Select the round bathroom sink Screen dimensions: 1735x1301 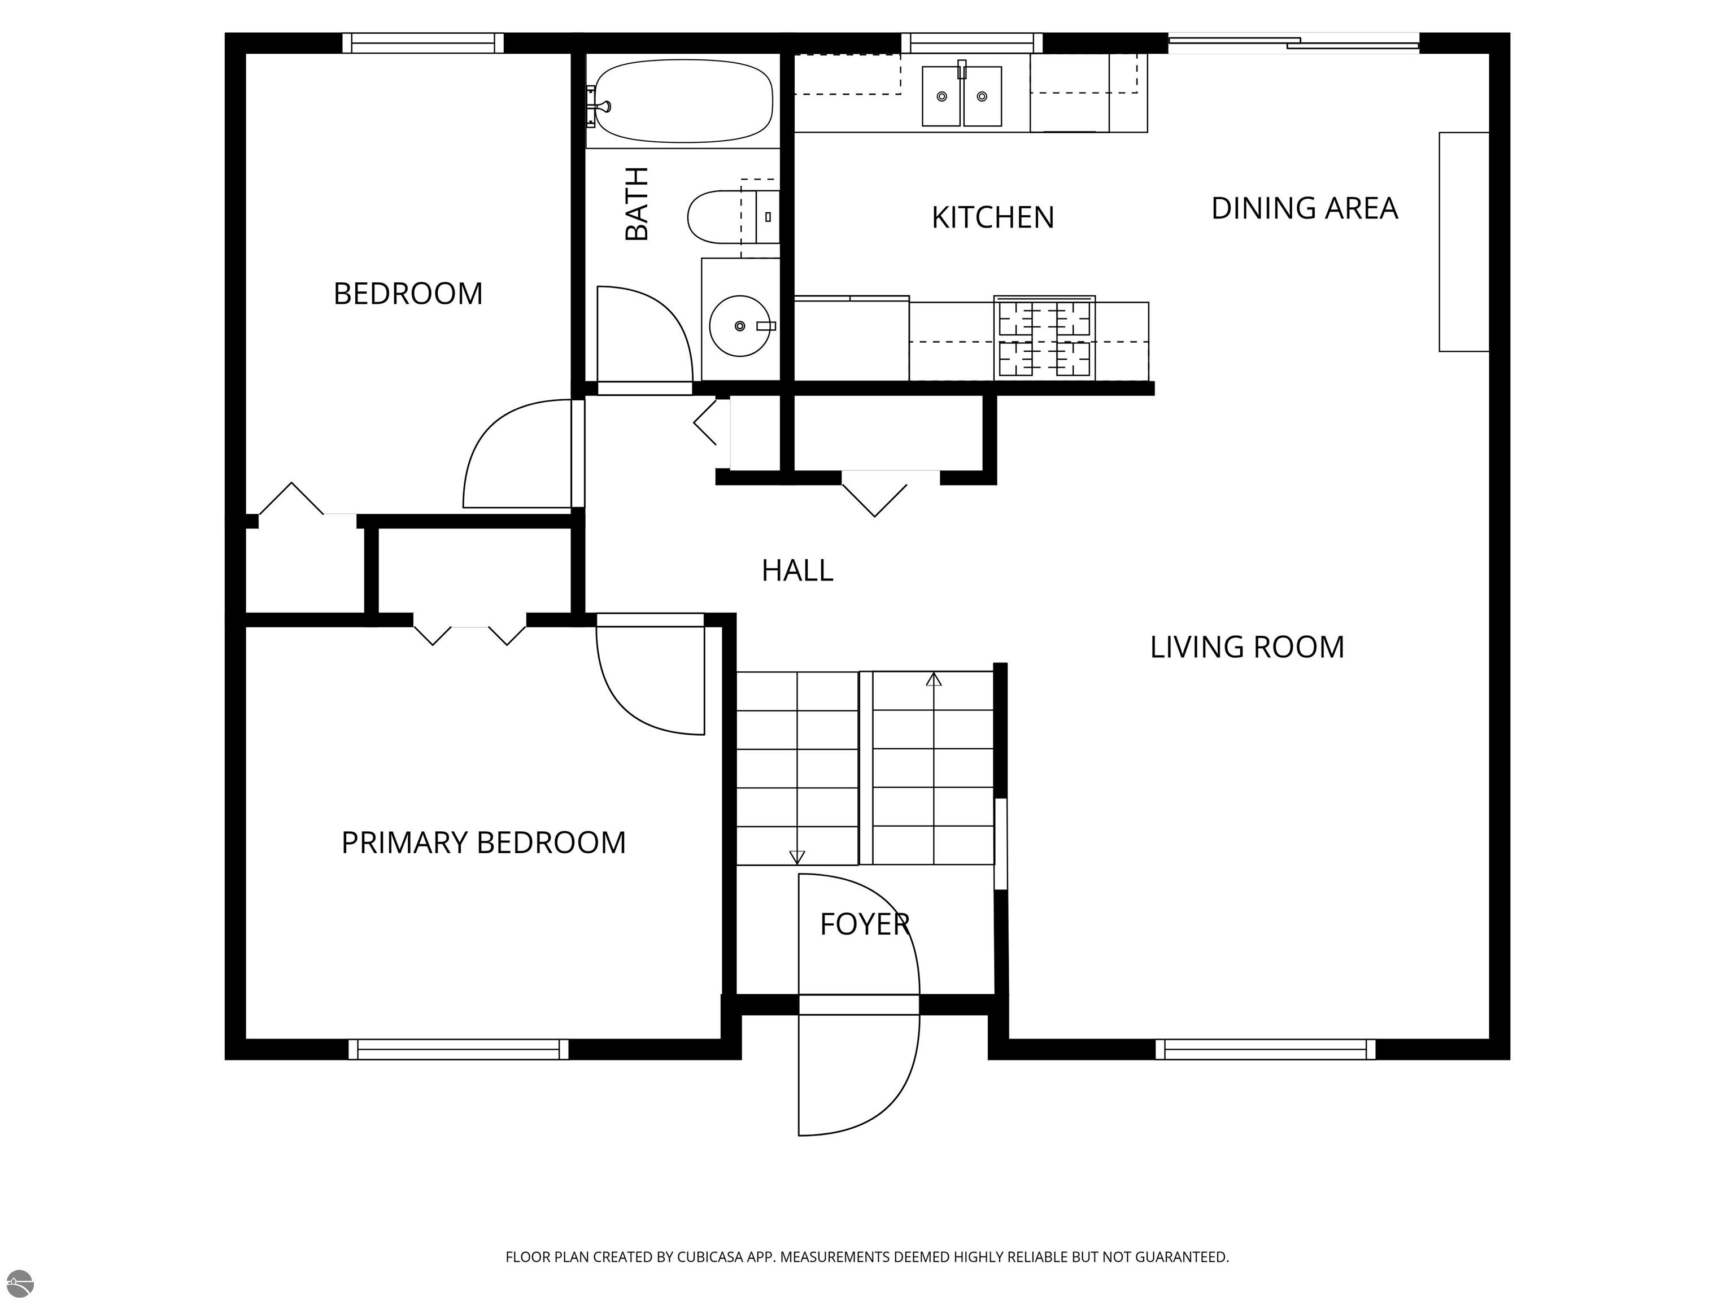coord(740,325)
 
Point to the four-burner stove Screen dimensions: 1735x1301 coord(1044,338)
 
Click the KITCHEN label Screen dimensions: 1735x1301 coord(993,217)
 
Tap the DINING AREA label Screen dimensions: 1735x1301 coord(1305,208)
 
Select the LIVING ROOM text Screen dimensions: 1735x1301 coord(1247,647)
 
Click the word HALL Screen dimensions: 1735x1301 coord(797,570)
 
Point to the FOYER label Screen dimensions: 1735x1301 coord(864,924)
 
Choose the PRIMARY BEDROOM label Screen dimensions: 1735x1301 coord(483,842)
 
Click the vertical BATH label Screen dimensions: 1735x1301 coord(636,203)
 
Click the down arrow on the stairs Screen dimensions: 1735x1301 coord(797,857)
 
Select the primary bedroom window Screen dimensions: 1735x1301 coord(459,1049)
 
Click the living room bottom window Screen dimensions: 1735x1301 coord(1265,1049)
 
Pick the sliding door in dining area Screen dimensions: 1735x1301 coord(1294,43)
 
